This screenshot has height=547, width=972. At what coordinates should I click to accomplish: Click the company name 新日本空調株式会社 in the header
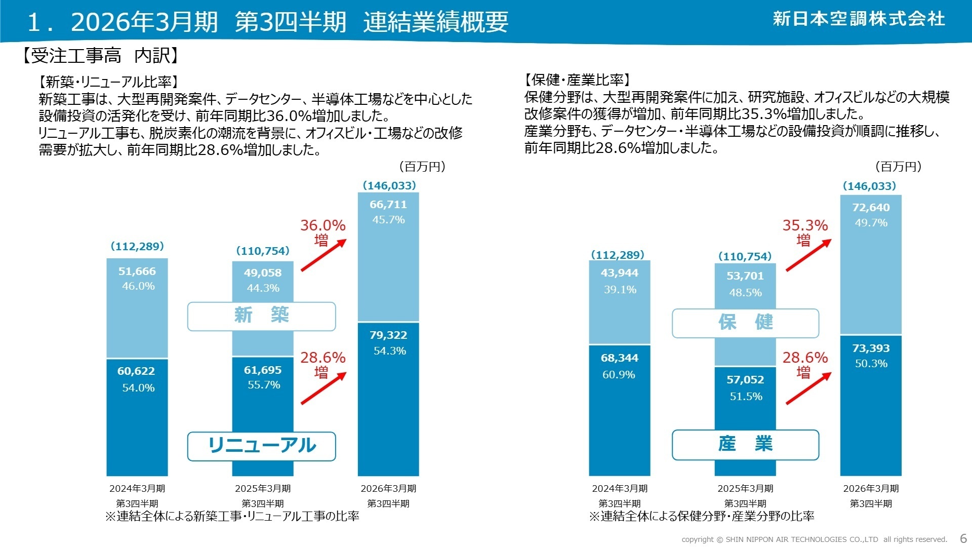[x=859, y=19]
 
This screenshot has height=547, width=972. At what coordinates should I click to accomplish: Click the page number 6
[x=963, y=538]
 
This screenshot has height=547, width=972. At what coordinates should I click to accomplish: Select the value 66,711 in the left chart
[x=388, y=205]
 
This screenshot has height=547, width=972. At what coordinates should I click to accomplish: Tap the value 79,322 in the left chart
[x=388, y=335]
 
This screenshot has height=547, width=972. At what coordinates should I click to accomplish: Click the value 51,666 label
[x=137, y=271]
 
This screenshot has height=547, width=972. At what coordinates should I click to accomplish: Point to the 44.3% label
[x=263, y=288]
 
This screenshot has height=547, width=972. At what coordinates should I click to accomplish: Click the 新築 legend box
[x=261, y=316]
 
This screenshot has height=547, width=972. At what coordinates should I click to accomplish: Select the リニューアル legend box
[x=261, y=446]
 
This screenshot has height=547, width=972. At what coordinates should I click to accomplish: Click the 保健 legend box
[x=745, y=323]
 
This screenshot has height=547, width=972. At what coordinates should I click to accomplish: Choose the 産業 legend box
[x=745, y=444]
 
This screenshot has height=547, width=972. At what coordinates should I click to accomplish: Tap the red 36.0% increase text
[x=322, y=226]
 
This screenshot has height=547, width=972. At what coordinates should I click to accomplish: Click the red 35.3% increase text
[x=805, y=226]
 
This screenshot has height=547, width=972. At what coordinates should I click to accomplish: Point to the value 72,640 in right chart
[x=871, y=208]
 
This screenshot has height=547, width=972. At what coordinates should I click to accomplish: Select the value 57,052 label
[x=745, y=380]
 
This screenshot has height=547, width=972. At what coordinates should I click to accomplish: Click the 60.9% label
[x=619, y=375]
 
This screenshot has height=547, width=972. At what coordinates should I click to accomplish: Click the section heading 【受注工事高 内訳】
[x=100, y=56]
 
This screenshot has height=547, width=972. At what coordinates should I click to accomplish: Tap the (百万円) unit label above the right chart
[x=898, y=167]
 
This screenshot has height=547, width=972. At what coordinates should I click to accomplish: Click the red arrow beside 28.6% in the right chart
[x=808, y=388]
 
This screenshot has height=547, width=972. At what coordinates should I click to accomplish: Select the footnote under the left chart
[x=232, y=517]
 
